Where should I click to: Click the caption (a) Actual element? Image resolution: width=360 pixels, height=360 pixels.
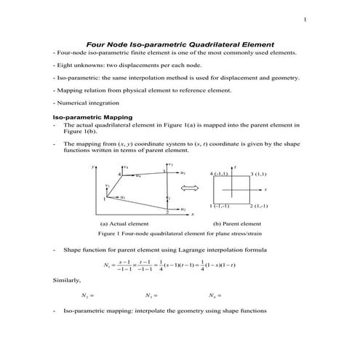click(x=124, y=224)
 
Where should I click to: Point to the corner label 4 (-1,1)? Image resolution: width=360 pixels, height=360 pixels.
click(x=219, y=175)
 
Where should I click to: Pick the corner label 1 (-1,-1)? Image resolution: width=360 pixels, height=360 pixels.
click(x=220, y=207)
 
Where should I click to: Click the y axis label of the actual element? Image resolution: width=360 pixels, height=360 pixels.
click(x=93, y=167)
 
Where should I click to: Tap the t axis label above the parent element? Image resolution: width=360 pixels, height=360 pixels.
click(x=236, y=167)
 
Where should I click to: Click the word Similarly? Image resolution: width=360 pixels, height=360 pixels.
click(x=67, y=279)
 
